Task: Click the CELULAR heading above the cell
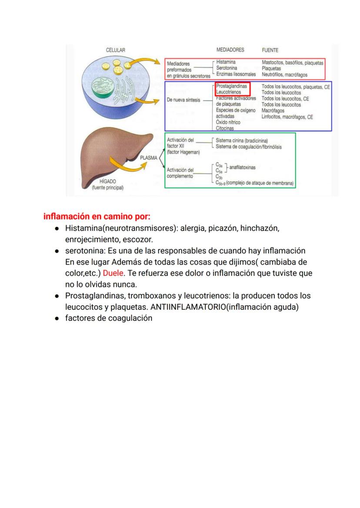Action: point(116,50)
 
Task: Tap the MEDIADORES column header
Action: point(230,50)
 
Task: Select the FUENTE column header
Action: point(270,50)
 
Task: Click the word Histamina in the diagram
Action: point(226,63)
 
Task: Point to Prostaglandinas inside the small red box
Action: point(231,86)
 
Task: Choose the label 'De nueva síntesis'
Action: point(183,100)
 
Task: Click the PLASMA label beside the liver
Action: point(149,158)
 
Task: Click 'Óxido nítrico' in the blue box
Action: point(228,123)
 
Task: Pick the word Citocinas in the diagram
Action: point(225,128)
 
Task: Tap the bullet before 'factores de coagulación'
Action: point(57,319)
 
